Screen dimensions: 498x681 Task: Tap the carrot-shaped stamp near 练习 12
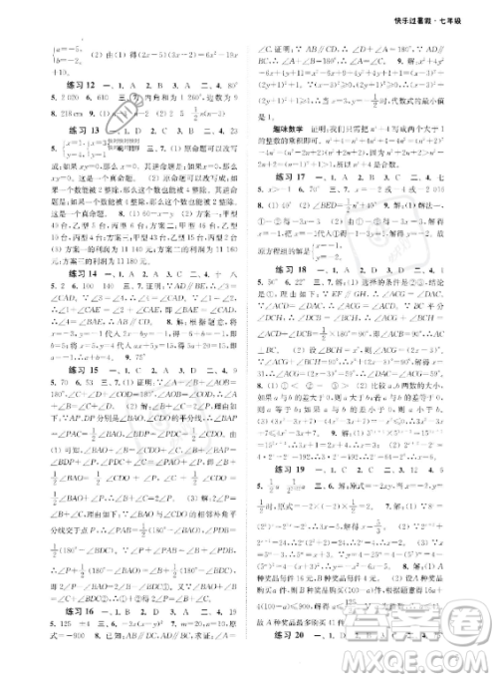pos(117,119)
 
